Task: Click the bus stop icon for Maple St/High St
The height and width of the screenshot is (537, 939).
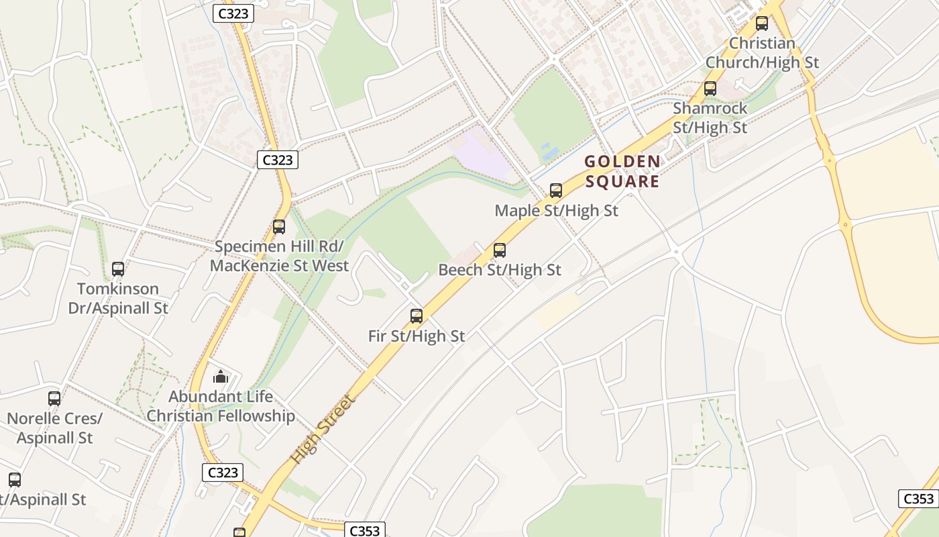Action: pyautogui.click(x=556, y=191)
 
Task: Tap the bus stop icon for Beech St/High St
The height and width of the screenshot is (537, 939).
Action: pyautogui.click(x=500, y=250)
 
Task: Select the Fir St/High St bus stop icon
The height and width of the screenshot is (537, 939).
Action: pyautogui.click(x=417, y=316)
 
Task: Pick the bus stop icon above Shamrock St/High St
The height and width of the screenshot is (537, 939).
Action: pyautogui.click(x=710, y=89)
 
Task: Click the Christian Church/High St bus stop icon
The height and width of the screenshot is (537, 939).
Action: pyautogui.click(x=762, y=23)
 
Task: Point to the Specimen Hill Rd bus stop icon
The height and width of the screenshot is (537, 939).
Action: pyautogui.click(x=279, y=227)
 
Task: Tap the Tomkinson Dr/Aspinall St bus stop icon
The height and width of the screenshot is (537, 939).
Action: pyautogui.click(x=118, y=269)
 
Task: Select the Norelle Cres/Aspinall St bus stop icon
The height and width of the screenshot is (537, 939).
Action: pyautogui.click(x=54, y=399)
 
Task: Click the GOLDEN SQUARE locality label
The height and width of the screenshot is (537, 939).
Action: pyautogui.click(x=622, y=172)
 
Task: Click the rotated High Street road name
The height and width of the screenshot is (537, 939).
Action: pyautogui.click(x=321, y=430)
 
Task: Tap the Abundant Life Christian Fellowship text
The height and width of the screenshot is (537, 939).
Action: pyautogui.click(x=221, y=406)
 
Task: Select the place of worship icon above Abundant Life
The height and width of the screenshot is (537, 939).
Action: pyautogui.click(x=221, y=376)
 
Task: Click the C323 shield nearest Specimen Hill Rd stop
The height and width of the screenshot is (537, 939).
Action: pyautogui.click(x=277, y=160)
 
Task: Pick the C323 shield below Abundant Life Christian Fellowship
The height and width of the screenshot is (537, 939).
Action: pyautogui.click(x=223, y=473)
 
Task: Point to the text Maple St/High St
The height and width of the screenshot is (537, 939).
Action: pyautogui.click(x=556, y=211)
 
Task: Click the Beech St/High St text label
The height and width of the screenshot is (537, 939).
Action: pyautogui.click(x=500, y=270)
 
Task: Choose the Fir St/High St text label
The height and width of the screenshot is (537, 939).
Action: pyautogui.click(x=417, y=336)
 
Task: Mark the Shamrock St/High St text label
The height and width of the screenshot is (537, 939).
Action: pyautogui.click(x=710, y=117)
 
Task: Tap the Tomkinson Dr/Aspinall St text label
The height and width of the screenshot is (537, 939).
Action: pyautogui.click(x=118, y=299)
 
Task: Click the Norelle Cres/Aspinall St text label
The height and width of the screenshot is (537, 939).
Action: pyautogui.click(x=54, y=428)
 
